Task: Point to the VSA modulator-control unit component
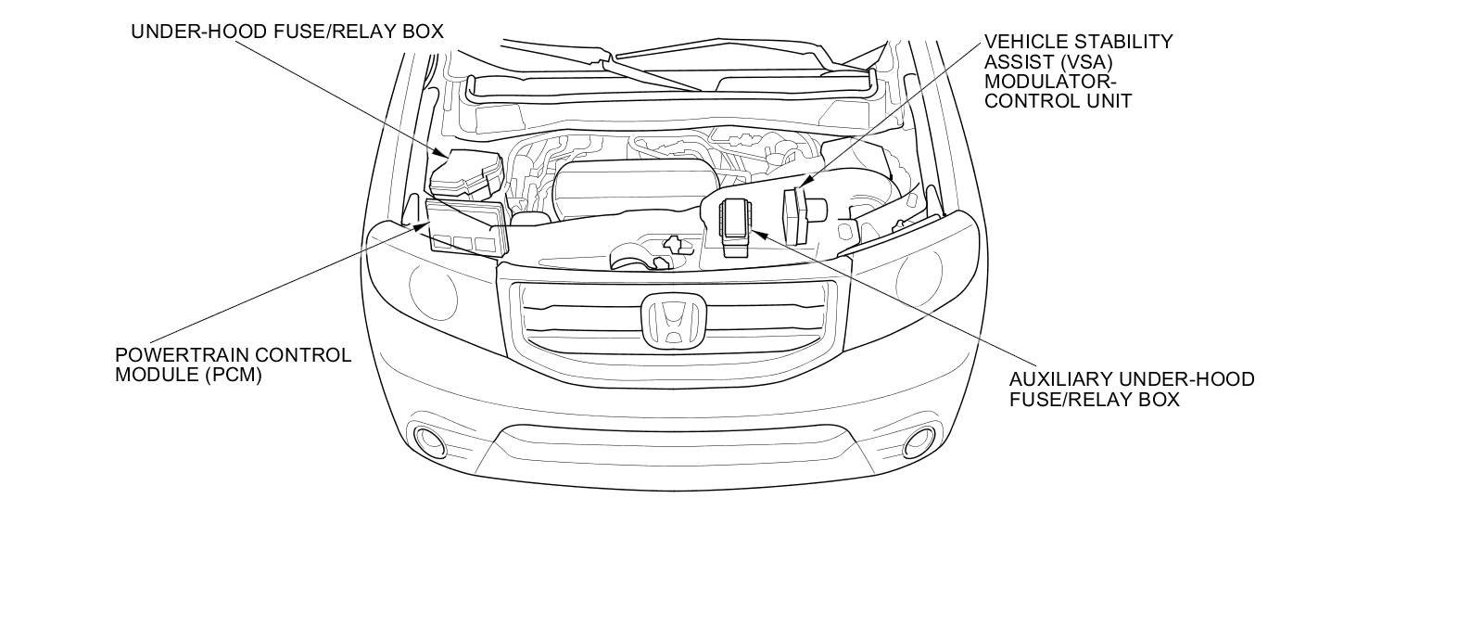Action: pyautogui.click(x=797, y=214)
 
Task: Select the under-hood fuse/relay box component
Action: pyautogui.click(x=467, y=173)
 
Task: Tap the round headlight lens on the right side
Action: pyautogui.click(x=918, y=274)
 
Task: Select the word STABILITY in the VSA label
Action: pyautogui.click(x=1122, y=42)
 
